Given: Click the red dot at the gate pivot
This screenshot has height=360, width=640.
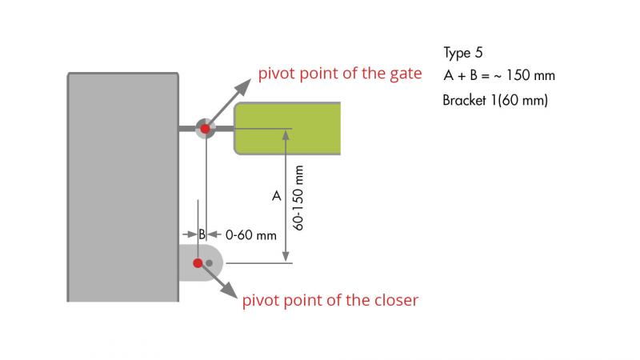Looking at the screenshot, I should [205, 128].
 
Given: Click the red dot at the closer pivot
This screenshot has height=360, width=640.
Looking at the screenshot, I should [198, 262].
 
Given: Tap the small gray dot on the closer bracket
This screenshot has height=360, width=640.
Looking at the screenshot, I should [209, 262].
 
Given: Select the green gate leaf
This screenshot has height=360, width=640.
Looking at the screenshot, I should [288, 128].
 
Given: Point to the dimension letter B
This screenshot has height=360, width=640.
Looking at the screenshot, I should [202, 235].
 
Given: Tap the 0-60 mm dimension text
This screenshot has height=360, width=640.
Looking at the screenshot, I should [250, 235].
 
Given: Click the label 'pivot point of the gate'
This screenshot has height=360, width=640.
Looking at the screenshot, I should [339, 74].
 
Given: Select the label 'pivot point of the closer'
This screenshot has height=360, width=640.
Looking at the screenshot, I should [330, 301].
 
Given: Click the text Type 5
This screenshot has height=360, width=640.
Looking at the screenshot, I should [463, 53].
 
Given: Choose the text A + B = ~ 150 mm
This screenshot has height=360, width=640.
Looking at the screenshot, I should [498, 76].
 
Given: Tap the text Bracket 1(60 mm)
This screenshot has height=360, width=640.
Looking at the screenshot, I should [495, 101].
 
